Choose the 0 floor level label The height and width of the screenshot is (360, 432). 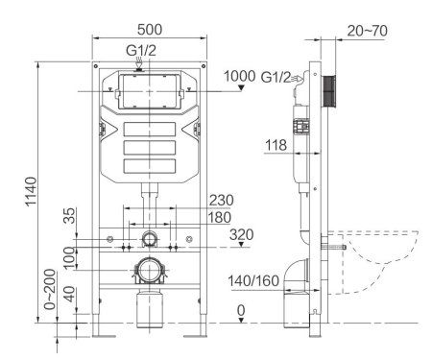(242, 310)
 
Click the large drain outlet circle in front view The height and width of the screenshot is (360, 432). (149, 269)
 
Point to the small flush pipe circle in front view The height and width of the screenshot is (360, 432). (149, 237)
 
